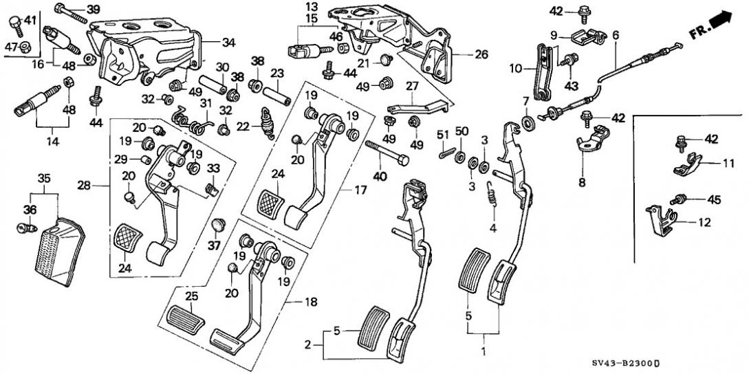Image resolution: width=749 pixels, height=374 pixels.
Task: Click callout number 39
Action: [93, 9]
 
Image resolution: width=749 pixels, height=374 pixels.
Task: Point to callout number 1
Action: [482, 352]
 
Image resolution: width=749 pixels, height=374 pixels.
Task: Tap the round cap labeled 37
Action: [219, 224]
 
